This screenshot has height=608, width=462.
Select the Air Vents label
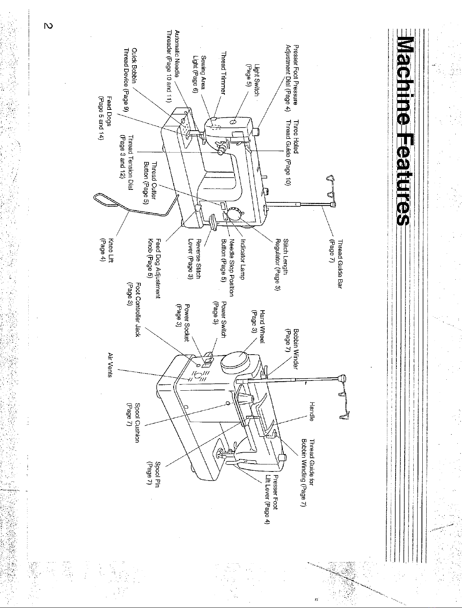coord(110,365)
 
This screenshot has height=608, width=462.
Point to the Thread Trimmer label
coord(224,73)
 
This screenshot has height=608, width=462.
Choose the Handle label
coord(312,411)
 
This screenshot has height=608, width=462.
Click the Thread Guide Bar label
coord(335,264)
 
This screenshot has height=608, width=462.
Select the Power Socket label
coord(183,323)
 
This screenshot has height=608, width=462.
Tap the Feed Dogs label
coord(105,118)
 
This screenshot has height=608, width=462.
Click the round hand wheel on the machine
coord(234,362)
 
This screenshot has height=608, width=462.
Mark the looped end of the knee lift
coord(105,200)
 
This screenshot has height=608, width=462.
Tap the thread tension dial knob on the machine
coord(222,151)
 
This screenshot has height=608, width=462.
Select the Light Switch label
coord(253,80)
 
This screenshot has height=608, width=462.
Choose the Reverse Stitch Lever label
coord(194,259)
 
